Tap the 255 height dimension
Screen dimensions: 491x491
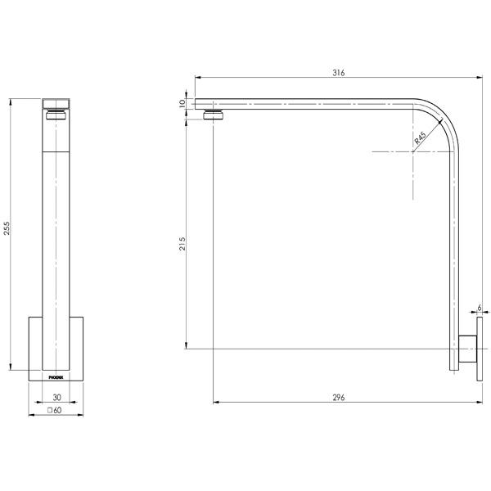(7, 229)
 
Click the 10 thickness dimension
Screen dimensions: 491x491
(184, 104)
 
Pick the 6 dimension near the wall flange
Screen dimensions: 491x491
(480, 307)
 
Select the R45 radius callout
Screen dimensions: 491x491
(420, 139)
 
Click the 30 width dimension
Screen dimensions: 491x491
(55, 398)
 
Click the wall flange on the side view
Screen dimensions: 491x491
(470, 349)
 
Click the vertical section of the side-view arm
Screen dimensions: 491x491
(454, 245)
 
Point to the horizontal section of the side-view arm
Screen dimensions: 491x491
(311, 104)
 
